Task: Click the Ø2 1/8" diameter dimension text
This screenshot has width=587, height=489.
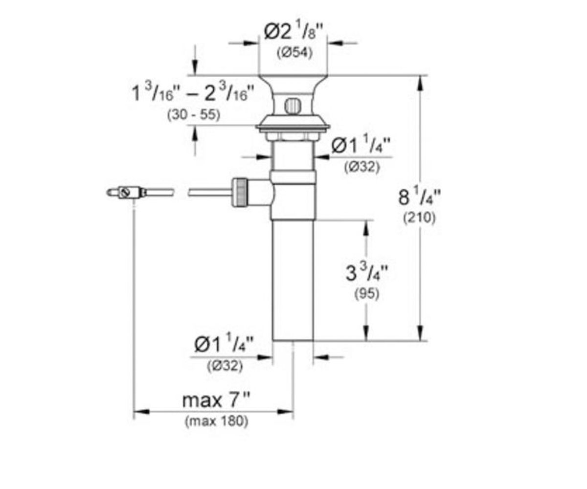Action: pyautogui.click(x=293, y=32)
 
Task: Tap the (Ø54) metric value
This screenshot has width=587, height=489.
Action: pyautogui.click(x=294, y=52)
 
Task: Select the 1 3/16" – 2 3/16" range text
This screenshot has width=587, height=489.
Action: pyautogui.click(x=193, y=92)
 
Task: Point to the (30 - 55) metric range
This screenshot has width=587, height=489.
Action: pyautogui.click(x=193, y=114)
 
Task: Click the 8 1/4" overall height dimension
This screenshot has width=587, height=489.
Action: pyautogui.click(x=419, y=197)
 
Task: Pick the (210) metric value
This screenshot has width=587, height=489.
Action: pyautogui.click(x=419, y=218)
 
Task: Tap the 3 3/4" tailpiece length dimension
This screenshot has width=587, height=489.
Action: pyautogui.click(x=366, y=272)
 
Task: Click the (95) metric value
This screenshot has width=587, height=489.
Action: pyautogui.click(x=367, y=294)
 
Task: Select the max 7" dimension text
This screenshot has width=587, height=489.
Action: pyautogui.click(x=216, y=400)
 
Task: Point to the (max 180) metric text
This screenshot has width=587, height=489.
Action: pyautogui.click(x=216, y=421)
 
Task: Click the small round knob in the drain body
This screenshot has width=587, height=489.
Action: pyautogui.click(x=293, y=106)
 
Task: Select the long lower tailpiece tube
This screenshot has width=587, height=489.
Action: pyautogui.click(x=293, y=280)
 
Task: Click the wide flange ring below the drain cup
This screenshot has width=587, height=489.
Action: pyautogui.click(x=293, y=127)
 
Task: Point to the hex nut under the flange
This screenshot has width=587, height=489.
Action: pyautogui.click(x=293, y=136)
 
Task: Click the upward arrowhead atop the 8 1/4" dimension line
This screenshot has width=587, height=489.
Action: pyautogui.click(x=420, y=83)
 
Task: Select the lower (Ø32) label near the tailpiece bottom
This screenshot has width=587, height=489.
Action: pyautogui.click(x=225, y=366)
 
